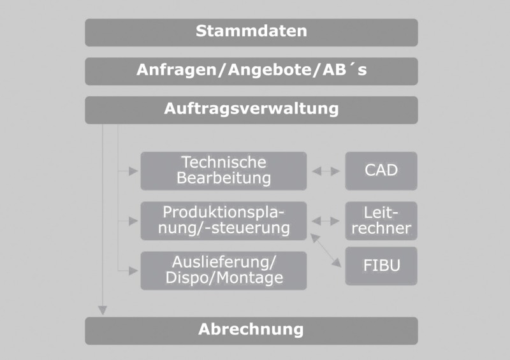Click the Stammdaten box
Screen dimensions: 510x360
251,32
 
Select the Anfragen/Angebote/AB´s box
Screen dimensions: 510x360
251,71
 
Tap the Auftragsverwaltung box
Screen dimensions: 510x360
251,110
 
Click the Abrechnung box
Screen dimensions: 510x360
251,331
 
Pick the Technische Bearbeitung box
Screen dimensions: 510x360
224,171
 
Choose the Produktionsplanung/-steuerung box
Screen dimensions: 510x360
224,221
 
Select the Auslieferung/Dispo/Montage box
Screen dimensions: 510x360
224,271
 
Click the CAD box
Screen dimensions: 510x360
381,171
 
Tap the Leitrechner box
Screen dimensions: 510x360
381,221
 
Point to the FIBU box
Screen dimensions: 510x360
381,266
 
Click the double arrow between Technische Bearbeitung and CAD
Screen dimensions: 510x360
326,171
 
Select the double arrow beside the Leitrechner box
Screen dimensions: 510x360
326,221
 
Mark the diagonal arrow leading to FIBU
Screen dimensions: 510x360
326,250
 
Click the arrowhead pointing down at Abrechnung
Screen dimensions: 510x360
103,310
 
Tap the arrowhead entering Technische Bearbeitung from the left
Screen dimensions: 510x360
133,171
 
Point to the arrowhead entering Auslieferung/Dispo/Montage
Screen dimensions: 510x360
133,271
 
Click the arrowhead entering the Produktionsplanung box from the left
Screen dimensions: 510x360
133,221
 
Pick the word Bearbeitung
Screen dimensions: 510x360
224,178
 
